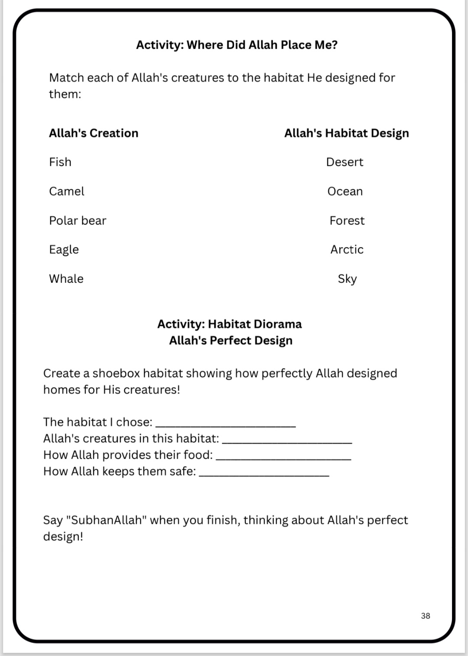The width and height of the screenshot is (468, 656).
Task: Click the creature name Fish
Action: (60, 162)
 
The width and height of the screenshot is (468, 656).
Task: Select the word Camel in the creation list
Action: (67, 191)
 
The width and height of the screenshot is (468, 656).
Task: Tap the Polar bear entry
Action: (78, 220)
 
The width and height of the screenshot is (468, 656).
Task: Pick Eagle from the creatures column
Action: (64, 249)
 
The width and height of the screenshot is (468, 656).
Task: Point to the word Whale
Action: (66, 279)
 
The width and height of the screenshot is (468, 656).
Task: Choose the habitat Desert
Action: (344, 162)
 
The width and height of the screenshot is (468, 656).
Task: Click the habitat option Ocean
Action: (345, 191)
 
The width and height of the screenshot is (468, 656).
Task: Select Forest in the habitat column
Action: (347, 220)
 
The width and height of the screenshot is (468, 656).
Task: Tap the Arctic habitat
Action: (347, 249)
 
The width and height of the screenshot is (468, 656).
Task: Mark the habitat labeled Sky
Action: (347, 279)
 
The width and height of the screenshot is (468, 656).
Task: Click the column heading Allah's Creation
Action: (94, 133)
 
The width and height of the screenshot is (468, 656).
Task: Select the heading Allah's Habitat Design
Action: (346, 133)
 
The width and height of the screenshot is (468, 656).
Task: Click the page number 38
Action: (425, 616)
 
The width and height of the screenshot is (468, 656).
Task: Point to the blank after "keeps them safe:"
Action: (264, 474)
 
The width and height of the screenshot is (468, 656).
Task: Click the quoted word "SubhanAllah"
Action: (107, 520)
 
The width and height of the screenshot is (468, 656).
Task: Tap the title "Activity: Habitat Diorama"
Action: (229, 324)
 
